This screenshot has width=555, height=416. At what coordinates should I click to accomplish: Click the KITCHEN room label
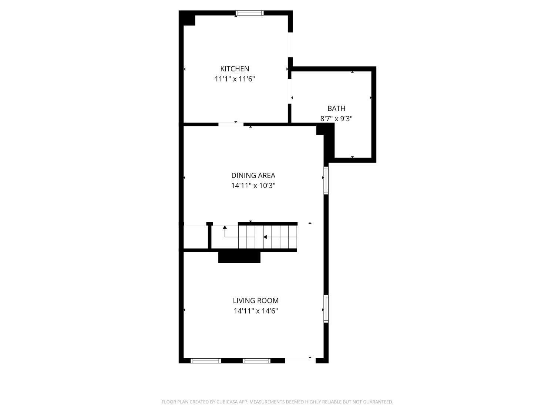pyautogui.click(x=235, y=69)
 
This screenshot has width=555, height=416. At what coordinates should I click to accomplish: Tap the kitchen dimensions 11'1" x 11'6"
pyautogui.click(x=235, y=79)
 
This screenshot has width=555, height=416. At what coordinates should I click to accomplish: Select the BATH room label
pyautogui.click(x=336, y=108)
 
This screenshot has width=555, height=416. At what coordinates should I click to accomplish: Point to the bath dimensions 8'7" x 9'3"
pyautogui.click(x=336, y=119)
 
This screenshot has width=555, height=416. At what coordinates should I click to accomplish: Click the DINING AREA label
pyautogui.click(x=253, y=175)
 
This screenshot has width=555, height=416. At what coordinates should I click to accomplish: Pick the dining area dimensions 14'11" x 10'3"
pyautogui.click(x=253, y=186)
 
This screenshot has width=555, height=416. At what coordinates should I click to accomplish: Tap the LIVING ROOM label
pyautogui.click(x=256, y=301)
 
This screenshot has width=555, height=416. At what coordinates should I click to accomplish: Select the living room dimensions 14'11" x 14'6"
pyautogui.click(x=256, y=311)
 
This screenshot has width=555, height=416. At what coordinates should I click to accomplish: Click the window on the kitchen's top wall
pyautogui.click(x=250, y=13)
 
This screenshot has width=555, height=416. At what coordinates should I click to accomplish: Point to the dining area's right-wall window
pyautogui.click(x=326, y=180)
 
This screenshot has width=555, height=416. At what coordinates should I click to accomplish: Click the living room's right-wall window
pyautogui.click(x=326, y=309)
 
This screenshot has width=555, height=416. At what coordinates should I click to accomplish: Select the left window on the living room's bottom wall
pyautogui.click(x=206, y=361)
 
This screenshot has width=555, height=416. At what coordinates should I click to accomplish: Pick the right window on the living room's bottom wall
pyautogui.click(x=257, y=361)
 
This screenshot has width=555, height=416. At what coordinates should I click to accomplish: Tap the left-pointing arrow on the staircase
pyautogui.click(x=265, y=237)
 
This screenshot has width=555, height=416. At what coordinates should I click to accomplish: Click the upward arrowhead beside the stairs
pyautogui.click(x=225, y=227)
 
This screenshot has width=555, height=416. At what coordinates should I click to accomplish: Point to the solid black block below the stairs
pyautogui.click(x=239, y=257)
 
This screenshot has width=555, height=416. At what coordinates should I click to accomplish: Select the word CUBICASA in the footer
pyautogui.click(x=227, y=402)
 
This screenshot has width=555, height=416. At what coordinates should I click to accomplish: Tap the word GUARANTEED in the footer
pyautogui.click(x=379, y=402)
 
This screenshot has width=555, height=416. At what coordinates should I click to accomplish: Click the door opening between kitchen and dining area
pyautogui.click(x=231, y=124)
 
